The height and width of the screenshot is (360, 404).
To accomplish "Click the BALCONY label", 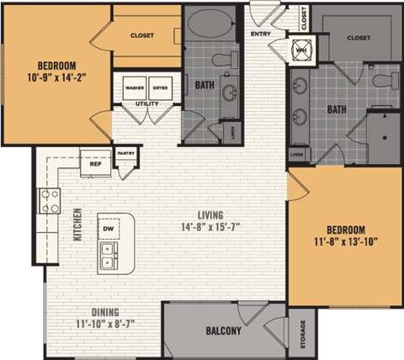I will point(222,331).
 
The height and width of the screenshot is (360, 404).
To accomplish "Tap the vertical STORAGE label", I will point(300,334).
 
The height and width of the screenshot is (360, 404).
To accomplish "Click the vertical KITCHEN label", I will point(77,225).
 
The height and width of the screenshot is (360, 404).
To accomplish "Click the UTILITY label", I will point(147,103).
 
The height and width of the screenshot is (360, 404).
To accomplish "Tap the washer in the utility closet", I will point(134,87).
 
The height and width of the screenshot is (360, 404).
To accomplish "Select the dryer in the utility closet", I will point(160,87).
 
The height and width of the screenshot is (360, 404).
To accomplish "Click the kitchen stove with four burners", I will point(49,200).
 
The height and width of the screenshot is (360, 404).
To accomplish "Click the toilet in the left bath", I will point(223,59).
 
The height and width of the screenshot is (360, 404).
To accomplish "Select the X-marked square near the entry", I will point(300,50).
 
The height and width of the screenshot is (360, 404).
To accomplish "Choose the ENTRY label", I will point(260,32).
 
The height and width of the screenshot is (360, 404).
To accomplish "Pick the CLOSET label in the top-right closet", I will point(359,38).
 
